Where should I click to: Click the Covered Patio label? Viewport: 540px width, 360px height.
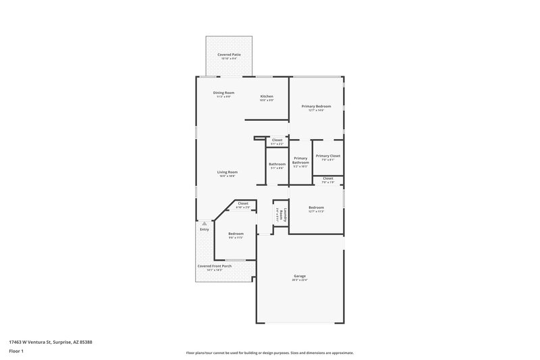229,55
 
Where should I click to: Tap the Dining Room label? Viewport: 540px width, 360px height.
223,93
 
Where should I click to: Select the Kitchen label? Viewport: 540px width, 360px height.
267,97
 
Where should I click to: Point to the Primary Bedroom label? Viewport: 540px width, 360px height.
316,107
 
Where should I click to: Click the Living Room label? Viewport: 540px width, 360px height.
227,172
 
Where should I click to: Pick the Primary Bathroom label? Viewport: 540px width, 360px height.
300,161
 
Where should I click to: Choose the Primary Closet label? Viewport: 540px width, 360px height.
328,156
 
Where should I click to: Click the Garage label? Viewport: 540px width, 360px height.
300,276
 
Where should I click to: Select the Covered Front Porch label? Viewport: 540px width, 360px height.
215,266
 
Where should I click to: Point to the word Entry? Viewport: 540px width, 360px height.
205,230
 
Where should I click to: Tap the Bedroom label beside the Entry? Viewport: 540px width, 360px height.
236,234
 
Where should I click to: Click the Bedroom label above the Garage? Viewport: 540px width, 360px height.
316,207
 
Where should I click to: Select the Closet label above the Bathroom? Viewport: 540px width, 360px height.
277,140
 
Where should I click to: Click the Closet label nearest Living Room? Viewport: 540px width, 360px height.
243,203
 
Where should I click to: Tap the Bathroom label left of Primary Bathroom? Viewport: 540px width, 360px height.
277,164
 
